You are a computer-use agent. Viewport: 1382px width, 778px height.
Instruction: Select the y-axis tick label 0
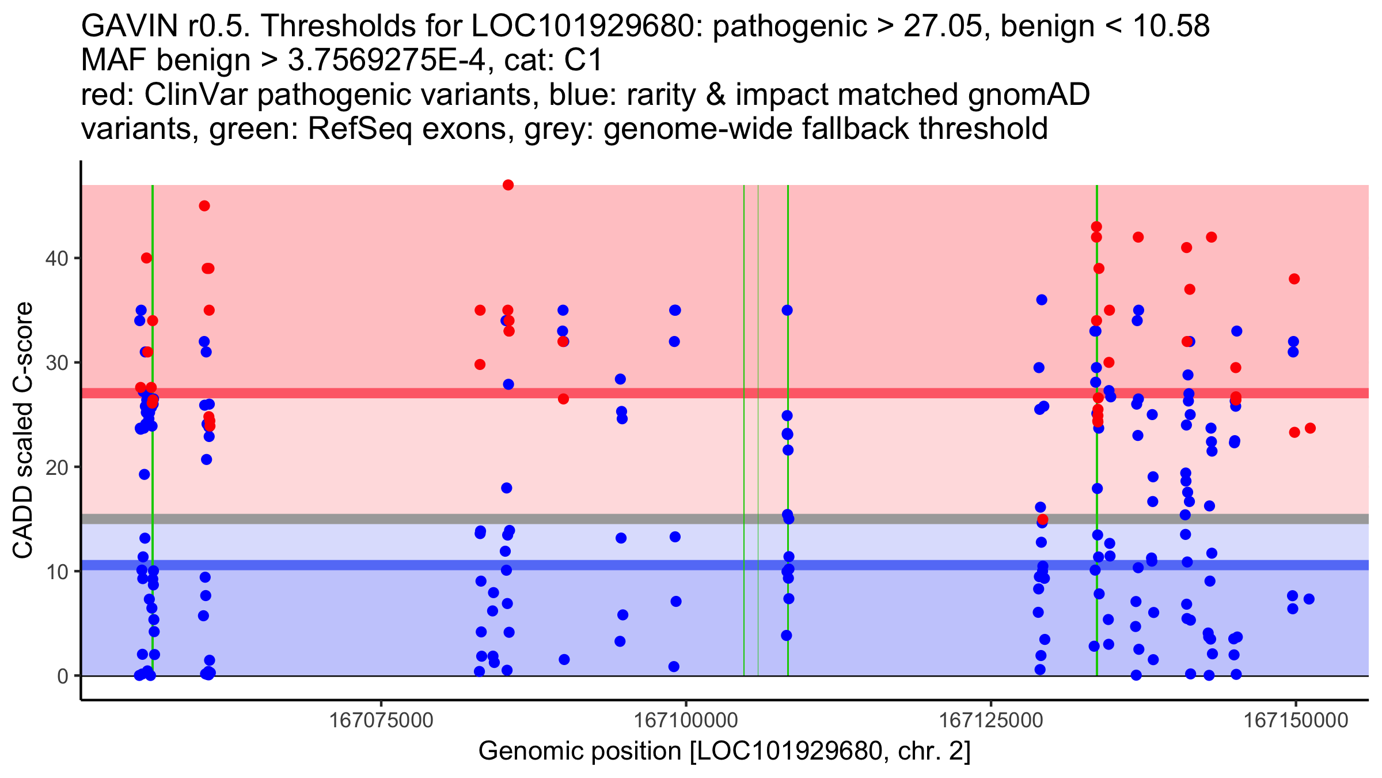click(62, 676)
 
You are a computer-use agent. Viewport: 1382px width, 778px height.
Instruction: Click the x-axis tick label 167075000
click(381, 720)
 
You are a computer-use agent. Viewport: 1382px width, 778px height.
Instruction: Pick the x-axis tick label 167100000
click(686, 720)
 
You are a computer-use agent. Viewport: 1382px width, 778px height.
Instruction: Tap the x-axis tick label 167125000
click(991, 720)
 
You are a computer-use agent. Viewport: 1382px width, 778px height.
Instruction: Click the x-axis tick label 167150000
click(1296, 720)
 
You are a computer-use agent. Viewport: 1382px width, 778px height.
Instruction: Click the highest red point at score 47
click(508, 185)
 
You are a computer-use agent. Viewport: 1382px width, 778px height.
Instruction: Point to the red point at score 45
click(204, 206)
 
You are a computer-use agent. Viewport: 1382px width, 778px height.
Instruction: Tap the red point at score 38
click(1294, 279)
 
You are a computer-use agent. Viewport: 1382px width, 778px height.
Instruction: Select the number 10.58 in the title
click(1171, 27)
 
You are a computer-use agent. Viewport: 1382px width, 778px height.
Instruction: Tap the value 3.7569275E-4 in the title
click(385, 61)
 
